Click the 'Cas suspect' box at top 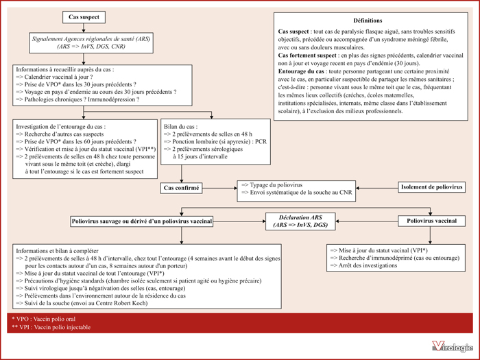point(84,17)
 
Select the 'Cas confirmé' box point(181,188)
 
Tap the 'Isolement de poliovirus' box point(431,187)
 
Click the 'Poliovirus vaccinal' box point(431,221)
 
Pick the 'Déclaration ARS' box point(300,221)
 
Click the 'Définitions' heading point(368,21)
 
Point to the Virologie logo point(453,346)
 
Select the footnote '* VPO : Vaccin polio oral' point(43,319)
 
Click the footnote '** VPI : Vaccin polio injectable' point(51,327)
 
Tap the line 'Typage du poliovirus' point(272,185)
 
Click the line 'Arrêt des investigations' point(363,265)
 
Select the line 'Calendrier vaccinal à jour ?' point(54,77)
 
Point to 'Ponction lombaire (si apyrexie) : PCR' point(215,142)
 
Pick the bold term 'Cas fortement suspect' point(307,56)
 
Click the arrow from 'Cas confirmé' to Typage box point(220,188)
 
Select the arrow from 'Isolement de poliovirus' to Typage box point(377,188)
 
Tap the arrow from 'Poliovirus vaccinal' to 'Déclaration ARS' point(367,221)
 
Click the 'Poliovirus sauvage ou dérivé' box point(142,221)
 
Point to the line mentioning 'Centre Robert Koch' point(82,303)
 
